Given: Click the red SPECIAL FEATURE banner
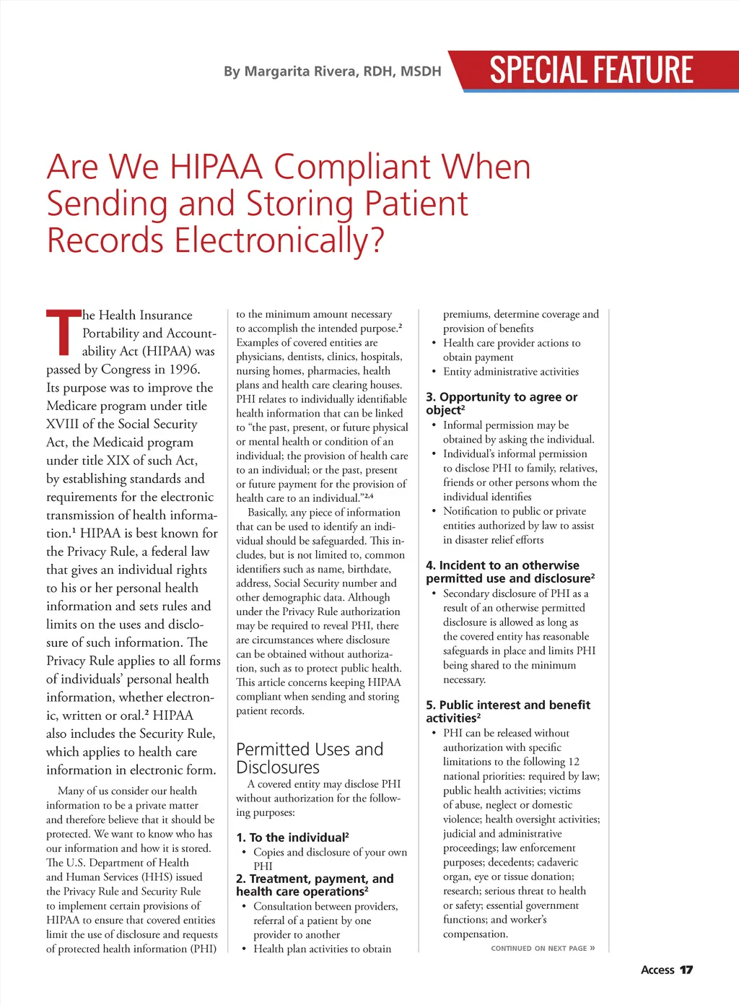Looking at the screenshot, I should coord(592,70).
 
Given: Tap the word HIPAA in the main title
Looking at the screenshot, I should coord(216,167).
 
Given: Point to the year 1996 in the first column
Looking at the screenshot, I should coord(183,369).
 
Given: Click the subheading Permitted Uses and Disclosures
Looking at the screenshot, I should coord(310,758).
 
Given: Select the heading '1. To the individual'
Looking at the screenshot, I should coord(292,837).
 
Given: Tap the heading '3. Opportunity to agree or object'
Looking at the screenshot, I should coord(502,404).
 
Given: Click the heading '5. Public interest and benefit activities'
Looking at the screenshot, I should coord(508,711).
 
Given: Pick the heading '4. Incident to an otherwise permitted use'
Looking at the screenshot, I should coord(510,572).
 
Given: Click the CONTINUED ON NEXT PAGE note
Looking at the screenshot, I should coord(543,949).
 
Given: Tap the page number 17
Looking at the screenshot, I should coord(686,970).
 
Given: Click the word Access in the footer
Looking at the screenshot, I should coord(657,970).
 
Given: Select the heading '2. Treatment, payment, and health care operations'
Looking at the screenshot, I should coord(315,885).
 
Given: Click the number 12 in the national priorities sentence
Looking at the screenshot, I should coord(573,762).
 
